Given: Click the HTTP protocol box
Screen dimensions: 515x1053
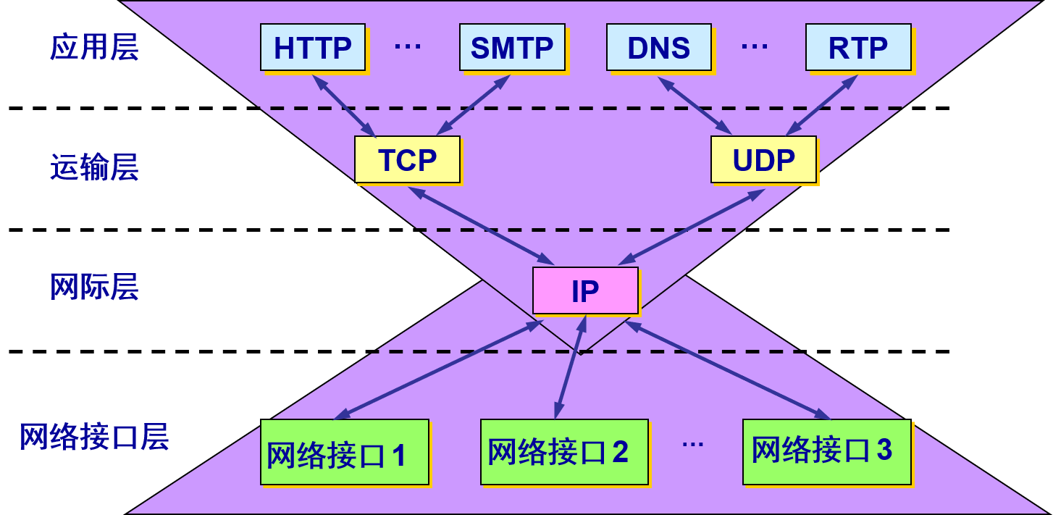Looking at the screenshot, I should (313, 48).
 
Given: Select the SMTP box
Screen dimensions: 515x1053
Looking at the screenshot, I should (512, 48).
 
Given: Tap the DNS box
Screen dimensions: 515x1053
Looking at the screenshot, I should (658, 48).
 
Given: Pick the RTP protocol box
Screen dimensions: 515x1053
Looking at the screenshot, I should (858, 48).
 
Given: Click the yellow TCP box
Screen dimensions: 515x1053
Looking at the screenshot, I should (407, 160).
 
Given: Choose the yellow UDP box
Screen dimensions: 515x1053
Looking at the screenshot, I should (763, 160).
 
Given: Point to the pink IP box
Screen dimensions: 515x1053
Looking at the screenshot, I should (585, 290).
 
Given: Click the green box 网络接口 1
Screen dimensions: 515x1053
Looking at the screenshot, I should (345, 453).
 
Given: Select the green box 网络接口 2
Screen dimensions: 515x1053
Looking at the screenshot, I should (564, 452).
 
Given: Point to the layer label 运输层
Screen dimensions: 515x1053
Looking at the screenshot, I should (94, 167).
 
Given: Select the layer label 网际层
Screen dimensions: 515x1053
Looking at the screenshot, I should (94, 287).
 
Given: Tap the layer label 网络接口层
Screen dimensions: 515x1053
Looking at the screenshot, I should (94, 437).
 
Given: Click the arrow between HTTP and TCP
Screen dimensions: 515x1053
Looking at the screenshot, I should (344, 106).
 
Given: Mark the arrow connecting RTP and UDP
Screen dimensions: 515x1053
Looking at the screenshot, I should (822, 106).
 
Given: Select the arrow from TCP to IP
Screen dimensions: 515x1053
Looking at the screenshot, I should (481, 226).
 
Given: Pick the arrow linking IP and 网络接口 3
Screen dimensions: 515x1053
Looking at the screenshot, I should (728, 370).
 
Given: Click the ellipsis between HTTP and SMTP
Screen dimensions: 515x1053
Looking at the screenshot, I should (408, 47).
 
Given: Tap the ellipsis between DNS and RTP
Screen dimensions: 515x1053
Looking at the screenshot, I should (755, 47).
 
